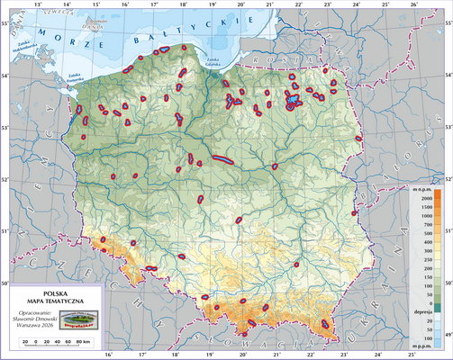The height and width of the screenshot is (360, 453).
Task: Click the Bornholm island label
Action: tap(92, 24)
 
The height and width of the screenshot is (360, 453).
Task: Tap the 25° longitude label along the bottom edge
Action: tap(386, 355)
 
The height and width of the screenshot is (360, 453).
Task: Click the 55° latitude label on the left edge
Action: tap(5, 20)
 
